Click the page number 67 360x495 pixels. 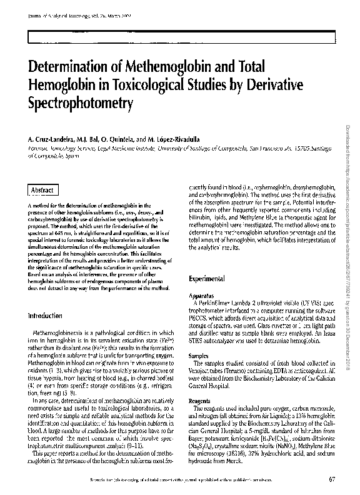tap(331, 480)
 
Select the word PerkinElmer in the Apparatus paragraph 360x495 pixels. tap(216, 302)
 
